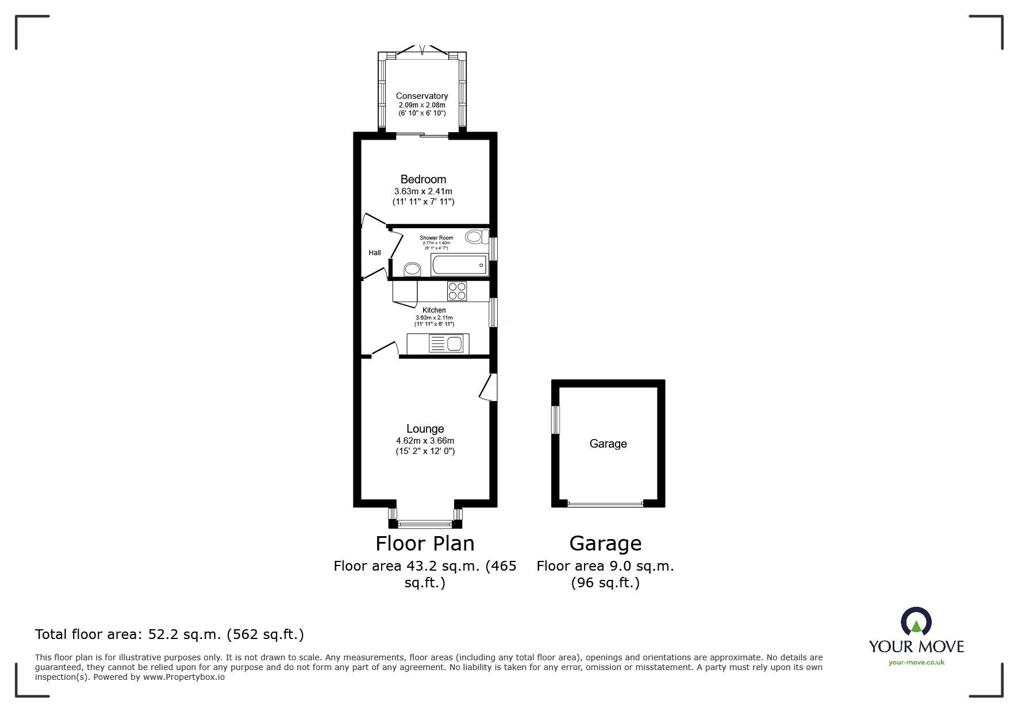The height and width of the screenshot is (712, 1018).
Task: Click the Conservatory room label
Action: click(422, 96)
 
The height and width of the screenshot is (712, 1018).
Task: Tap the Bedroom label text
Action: click(423, 179)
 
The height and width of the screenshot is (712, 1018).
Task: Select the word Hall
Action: click(375, 253)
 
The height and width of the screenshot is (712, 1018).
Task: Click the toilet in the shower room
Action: click(477, 236)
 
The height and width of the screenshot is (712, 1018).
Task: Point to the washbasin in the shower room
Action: click(412, 269)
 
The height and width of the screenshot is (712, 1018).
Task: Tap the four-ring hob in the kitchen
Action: click(458, 291)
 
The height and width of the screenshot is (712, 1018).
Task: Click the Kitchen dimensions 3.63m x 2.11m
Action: click(434, 318)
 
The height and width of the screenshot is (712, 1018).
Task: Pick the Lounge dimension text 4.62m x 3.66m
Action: click(425, 441)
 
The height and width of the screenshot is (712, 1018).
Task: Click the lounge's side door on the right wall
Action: click(489, 387)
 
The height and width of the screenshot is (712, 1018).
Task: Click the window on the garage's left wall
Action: click(556, 420)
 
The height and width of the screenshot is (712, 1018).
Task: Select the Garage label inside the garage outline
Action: click(608, 444)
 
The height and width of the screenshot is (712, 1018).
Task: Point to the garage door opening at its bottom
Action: click(605, 504)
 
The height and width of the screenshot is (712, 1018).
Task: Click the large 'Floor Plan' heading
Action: click(425, 543)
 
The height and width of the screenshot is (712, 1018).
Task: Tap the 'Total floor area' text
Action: click(170, 634)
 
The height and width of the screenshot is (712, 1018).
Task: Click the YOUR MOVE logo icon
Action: click(916, 621)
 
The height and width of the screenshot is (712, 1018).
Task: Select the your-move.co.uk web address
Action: click(916, 663)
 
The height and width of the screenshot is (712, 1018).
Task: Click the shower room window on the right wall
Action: click(493, 249)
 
